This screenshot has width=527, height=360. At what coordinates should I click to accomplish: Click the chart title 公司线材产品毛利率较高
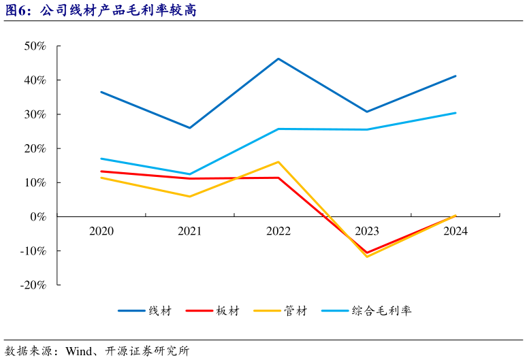tap(118, 10)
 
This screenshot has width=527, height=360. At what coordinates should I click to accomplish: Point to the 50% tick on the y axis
tap(35, 46)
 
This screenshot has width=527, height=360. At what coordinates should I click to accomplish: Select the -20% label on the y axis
tap(32, 285)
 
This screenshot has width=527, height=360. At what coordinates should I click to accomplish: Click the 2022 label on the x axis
tap(278, 231)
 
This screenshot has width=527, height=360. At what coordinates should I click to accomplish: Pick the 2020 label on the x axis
tap(101, 231)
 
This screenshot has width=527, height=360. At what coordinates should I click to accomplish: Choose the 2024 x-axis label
tap(456, 231)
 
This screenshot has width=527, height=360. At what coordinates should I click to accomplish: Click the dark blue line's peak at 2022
tap(278, 59)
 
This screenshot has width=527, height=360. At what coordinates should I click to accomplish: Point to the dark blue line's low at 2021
tap(190, 128)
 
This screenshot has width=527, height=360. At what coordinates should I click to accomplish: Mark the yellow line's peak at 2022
tap(278, 162)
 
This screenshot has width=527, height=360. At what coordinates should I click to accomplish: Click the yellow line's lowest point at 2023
tap(367, 257)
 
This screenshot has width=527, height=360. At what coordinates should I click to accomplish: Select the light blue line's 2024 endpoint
tap(456, 113)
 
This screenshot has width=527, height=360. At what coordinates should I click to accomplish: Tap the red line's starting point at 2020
tap(101, 171)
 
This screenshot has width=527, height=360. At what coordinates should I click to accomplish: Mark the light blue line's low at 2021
tap(190, 174)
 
